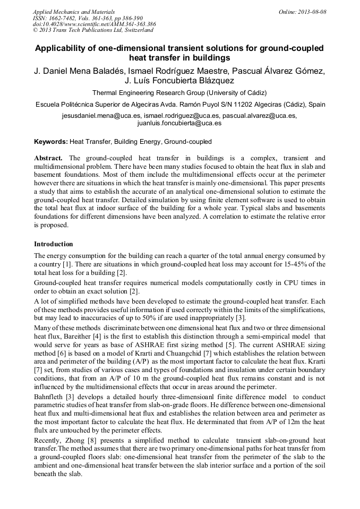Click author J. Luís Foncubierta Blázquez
[179, 81]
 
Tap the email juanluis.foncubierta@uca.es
[179, 123]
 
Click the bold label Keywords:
[50, 142]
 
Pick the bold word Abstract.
[48, 159]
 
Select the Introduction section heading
[54, 244]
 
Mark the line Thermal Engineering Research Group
[179, 92]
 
